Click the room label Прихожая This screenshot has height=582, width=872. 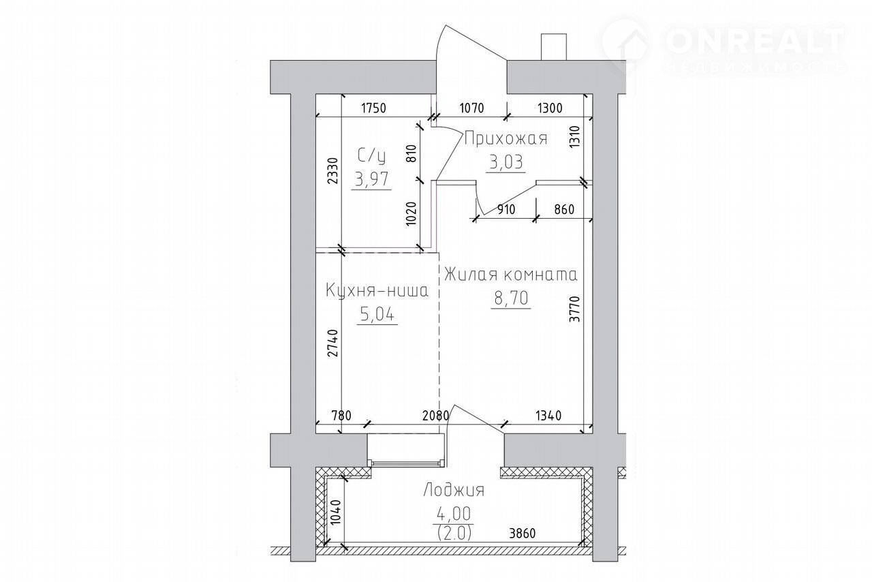[x=506, y=138]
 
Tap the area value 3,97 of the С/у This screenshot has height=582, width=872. [x=371, y=179]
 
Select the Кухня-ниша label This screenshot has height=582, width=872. [x=377, y=291]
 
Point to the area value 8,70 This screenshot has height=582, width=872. [x=511, y=298]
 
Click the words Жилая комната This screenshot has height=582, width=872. [x=511, y=275]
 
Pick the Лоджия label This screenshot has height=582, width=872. [x=454, y=490]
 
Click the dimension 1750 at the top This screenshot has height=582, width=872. [x=374, y=108]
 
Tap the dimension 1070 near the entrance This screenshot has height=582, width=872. [x=472, y=108]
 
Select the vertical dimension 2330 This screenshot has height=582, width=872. [x=333, y=170]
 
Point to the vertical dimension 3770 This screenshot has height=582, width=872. [x=574, y=309]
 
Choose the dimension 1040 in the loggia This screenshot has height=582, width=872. [x=335, y=512]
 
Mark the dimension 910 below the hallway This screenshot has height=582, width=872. [x=506, y=210]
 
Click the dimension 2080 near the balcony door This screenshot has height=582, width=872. [x=435, y=416]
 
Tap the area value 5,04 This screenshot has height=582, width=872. [x=377, y=314]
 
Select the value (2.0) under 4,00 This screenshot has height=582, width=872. [x=454, y=532]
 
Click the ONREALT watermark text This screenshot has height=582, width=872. [x=754, y=41]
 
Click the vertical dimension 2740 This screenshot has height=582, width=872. [x=333, y=343]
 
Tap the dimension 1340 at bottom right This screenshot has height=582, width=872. [x=548, y=416]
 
